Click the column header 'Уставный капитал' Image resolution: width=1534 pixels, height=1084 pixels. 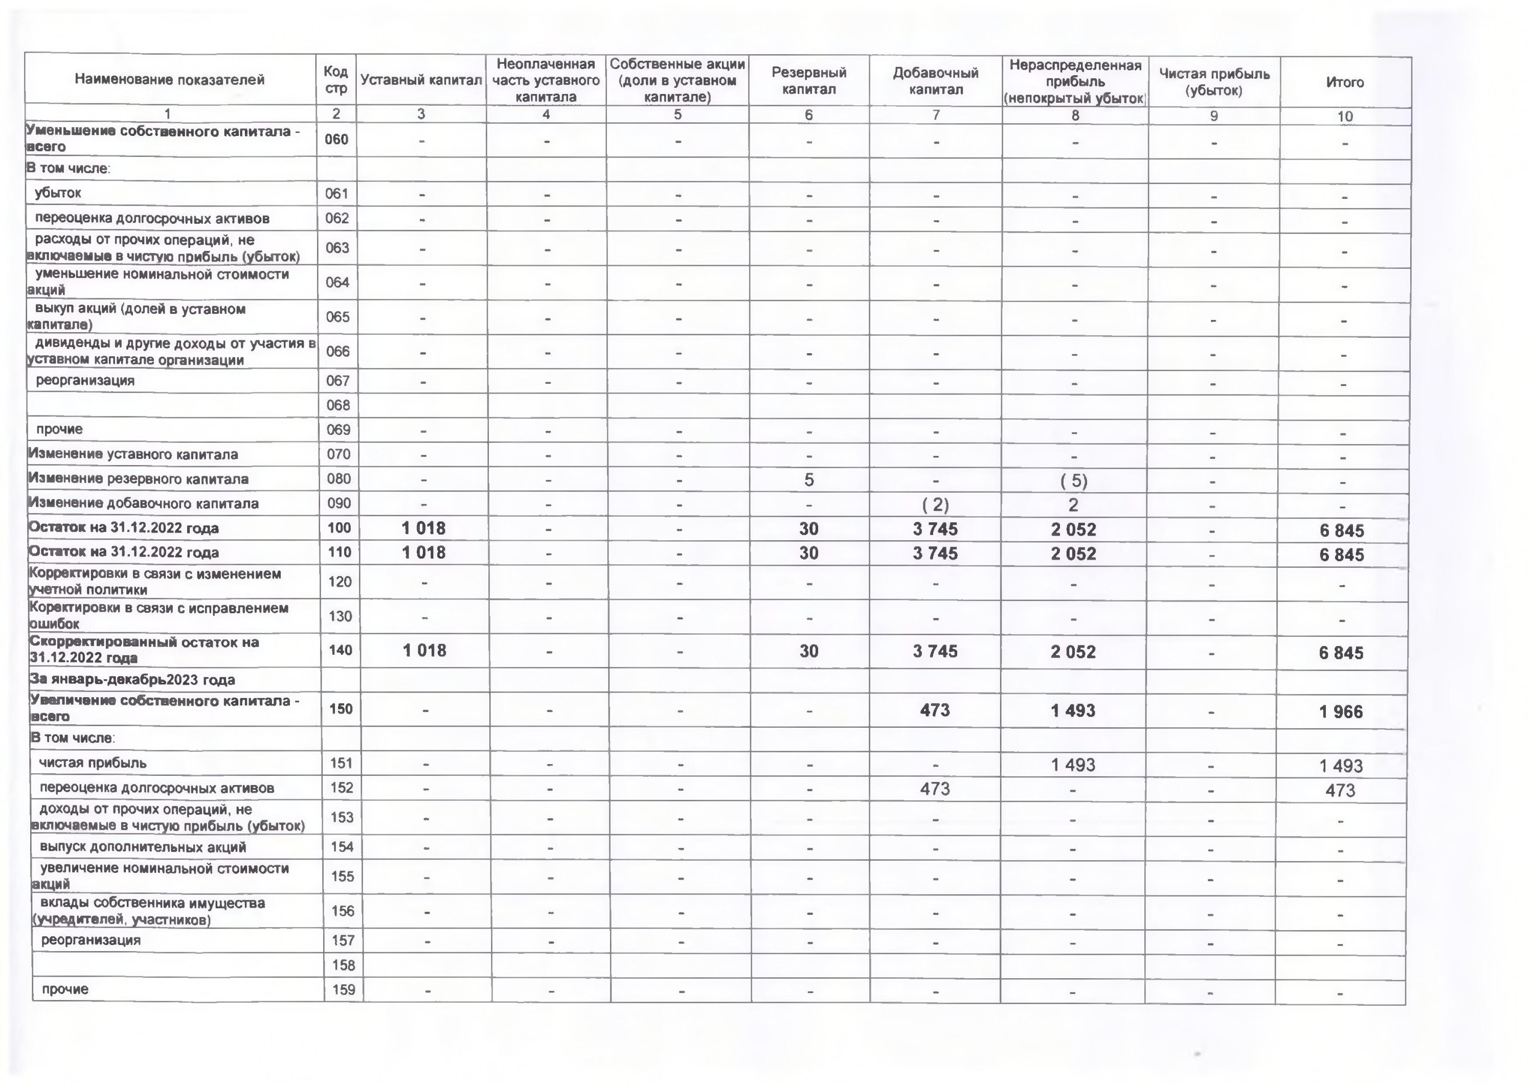tap(421, 80)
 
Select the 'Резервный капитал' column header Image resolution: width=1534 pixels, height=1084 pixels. tap(808, 81)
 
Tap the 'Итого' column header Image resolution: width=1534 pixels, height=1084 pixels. tap(1344, 82)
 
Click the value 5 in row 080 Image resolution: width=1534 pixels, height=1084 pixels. tap(808, 479)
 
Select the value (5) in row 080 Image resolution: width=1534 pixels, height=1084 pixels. tap(1074, 481)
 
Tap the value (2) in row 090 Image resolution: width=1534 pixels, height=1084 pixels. tap(935, 505)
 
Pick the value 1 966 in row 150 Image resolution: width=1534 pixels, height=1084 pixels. tap(1341, 712)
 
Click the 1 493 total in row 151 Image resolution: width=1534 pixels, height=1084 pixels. tap(1341, 766)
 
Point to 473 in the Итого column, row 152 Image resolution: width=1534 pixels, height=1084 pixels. tap(1340, 791)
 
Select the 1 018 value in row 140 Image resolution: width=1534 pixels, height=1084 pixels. tap(424, 651)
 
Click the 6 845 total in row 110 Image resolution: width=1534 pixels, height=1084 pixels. tap(1342, 555)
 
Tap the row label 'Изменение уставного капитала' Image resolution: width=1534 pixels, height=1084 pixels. tap(133, 455)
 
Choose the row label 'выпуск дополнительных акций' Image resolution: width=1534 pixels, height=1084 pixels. tap(143, 847)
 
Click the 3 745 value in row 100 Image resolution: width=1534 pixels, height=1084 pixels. tap(935, 529)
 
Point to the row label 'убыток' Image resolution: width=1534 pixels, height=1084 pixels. tap(58, 193)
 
